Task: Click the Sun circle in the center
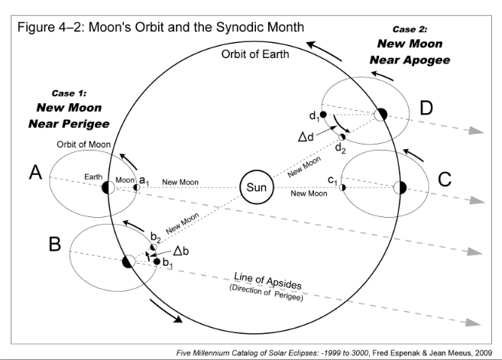pyautogui.click(x=254, y=186)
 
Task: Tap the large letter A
pyautogui.click(x=34, y=175)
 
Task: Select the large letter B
pyautogui.click(x=54, y=245)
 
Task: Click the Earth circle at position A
pyautogui.click(x=108, y=186)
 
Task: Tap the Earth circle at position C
pyautogui.click(x=399, y=187)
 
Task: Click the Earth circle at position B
pyautogui.click(x=128, y=261)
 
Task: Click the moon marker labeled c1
pyautogui.click(x=343, y=187)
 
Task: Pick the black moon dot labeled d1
pyautogui.click(x=324, y=115)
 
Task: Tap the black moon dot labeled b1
pyautogui.click(x=157, y=262)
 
